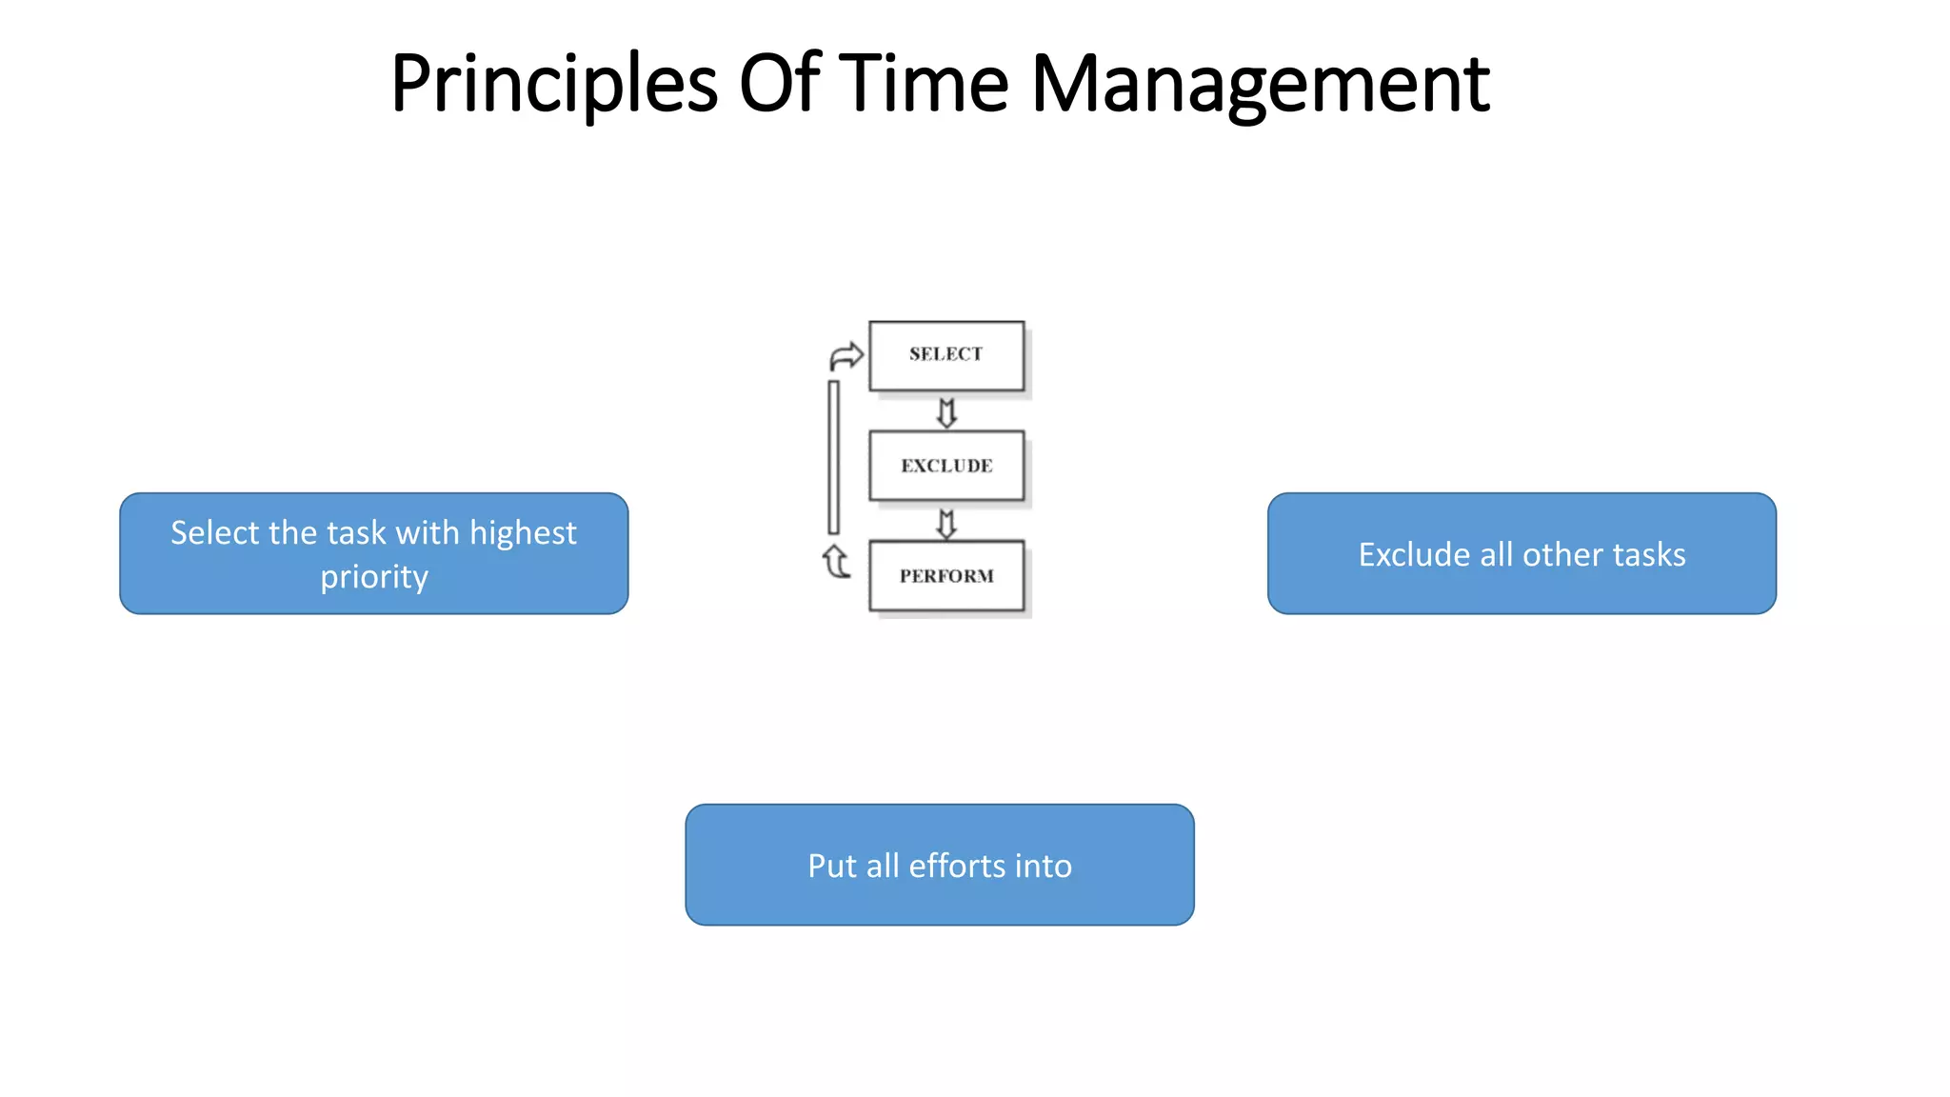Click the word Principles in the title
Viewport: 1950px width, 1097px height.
553,84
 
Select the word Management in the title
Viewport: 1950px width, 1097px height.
1260,84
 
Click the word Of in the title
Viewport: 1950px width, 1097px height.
779,84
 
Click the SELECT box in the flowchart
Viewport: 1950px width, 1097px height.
946,355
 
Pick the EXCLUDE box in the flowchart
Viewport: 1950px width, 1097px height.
946,466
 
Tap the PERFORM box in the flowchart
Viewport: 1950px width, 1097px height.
946,575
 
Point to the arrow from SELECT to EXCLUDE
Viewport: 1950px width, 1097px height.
946,412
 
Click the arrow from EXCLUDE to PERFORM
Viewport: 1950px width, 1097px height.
946,523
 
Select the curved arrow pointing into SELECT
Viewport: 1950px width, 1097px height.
846,356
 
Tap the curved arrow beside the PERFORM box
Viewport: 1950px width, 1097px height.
835,562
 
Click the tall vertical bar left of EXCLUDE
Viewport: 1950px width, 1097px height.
834,457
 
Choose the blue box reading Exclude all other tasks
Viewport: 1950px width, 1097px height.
1522,553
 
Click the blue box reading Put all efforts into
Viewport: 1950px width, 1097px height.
940,865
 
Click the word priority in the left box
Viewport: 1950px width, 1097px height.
374,577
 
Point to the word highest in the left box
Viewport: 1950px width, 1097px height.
523,532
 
